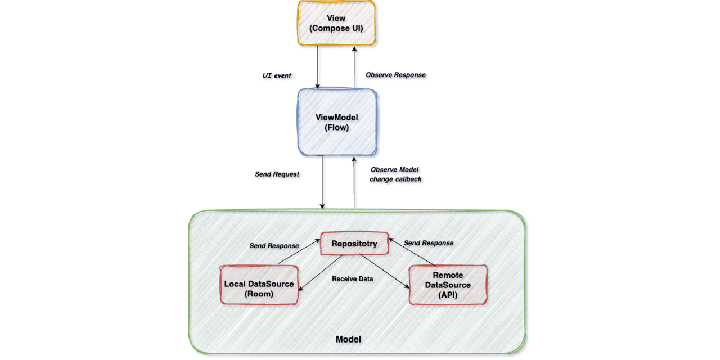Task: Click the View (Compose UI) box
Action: click(336, 23)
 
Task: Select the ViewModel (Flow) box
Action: click(336, 121)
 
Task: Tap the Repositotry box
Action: click(354, 244)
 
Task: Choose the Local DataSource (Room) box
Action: click(259, 289)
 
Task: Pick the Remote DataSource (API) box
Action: click(448, 285)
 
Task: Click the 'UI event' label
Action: click(277, 75)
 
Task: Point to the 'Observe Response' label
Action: click(395, 75)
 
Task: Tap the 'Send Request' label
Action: click(277, 174)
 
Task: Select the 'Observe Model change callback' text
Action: click(395, 174)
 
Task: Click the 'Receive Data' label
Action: click(353, 278)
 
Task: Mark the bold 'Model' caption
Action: click(348, 339)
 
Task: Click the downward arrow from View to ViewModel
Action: click(318, 66)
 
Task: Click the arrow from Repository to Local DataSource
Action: click(321, 272)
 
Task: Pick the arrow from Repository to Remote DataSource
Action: click(384, 272)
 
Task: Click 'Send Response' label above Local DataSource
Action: click(274, 246)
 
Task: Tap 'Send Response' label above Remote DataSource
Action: click(429, 243)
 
